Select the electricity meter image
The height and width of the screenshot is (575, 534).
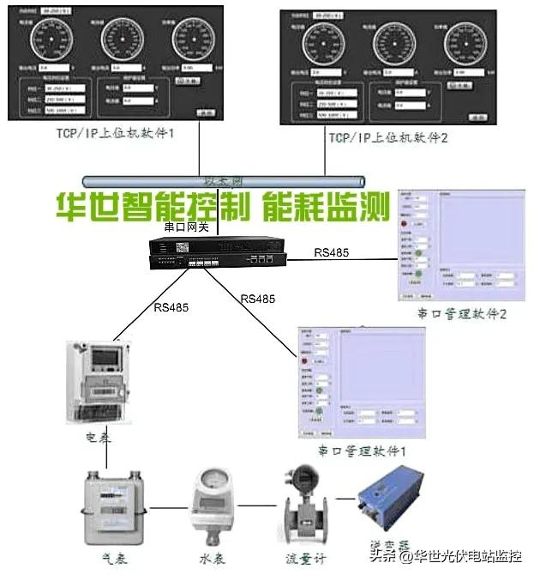tap(98, 382)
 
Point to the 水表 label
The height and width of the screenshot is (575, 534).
tap(212, 557)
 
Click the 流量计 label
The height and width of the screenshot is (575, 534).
tap(303, 557)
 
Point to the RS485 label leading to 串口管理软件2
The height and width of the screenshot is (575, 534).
tap(333, 251)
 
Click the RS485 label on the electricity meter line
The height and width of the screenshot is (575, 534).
tap(171, 306)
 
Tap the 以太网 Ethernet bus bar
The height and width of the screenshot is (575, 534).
tap(223, 181)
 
